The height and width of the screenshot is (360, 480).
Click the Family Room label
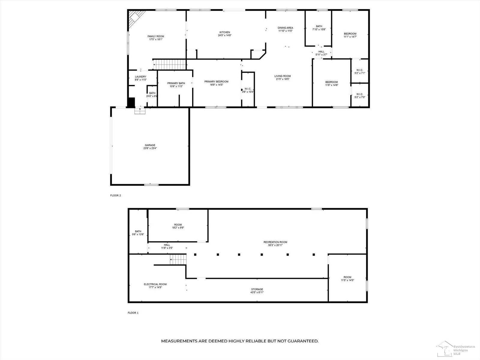pos(156,36)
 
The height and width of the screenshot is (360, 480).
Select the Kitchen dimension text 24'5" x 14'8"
pos(225,35)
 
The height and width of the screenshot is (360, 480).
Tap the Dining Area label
pos(285,28)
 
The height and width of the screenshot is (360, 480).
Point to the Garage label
pos(150,145)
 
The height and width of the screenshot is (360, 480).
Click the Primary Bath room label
pos(176,83)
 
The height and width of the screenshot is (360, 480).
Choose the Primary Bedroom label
pos(216,82)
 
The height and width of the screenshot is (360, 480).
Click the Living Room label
pos(282,76)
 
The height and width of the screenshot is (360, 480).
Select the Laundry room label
pos(140,77)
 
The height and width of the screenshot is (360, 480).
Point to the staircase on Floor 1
pos(178,259)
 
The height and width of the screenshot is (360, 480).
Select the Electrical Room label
pos(155,284)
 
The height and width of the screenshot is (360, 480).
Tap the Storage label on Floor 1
pos(257,289)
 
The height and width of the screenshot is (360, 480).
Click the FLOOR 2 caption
pos(115,196)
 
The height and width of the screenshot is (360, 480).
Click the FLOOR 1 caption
pos(133,313)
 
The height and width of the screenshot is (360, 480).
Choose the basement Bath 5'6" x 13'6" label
pos(138,231)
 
